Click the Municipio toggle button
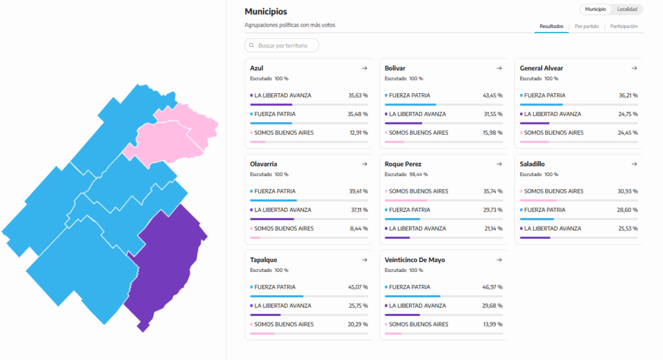[x=595, y=9]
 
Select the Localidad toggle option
[x=627, y=9]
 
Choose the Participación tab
[x=624, y=27]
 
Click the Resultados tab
[x=551, y=27]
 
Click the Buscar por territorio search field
[x=282, y=45]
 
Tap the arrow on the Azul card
[x=365, y=68]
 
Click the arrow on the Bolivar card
[x=499, y=68]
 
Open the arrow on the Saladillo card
[x=634, y=164]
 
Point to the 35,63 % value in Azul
[x=357, y=95]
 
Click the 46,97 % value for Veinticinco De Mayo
[x=492, y=287]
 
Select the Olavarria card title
[x=264, y=164]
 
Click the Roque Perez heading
[x=403, y=164]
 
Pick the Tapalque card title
[x=264, y=260]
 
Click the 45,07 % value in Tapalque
[x=357, y=287]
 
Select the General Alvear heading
[x=541, y=68]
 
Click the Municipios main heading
[x=265, y=12]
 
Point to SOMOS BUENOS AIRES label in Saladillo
[x=554, y=191]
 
